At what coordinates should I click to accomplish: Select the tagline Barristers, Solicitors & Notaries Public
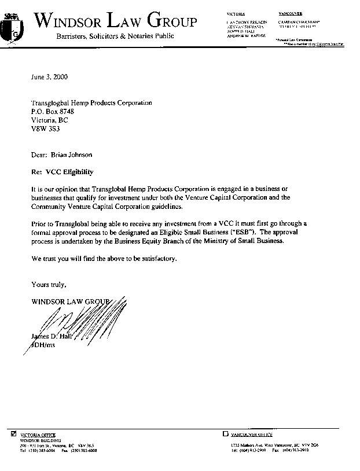click(x=115, y=36)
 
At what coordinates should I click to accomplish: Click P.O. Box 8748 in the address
click(x=53, y=111)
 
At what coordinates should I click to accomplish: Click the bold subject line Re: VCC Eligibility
click(x=62, y=172)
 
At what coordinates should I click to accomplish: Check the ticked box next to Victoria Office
click(x=14, y=433)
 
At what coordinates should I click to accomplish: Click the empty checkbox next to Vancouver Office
click(x=226, y=433)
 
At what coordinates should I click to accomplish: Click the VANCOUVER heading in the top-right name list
click(x=290, y=13)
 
